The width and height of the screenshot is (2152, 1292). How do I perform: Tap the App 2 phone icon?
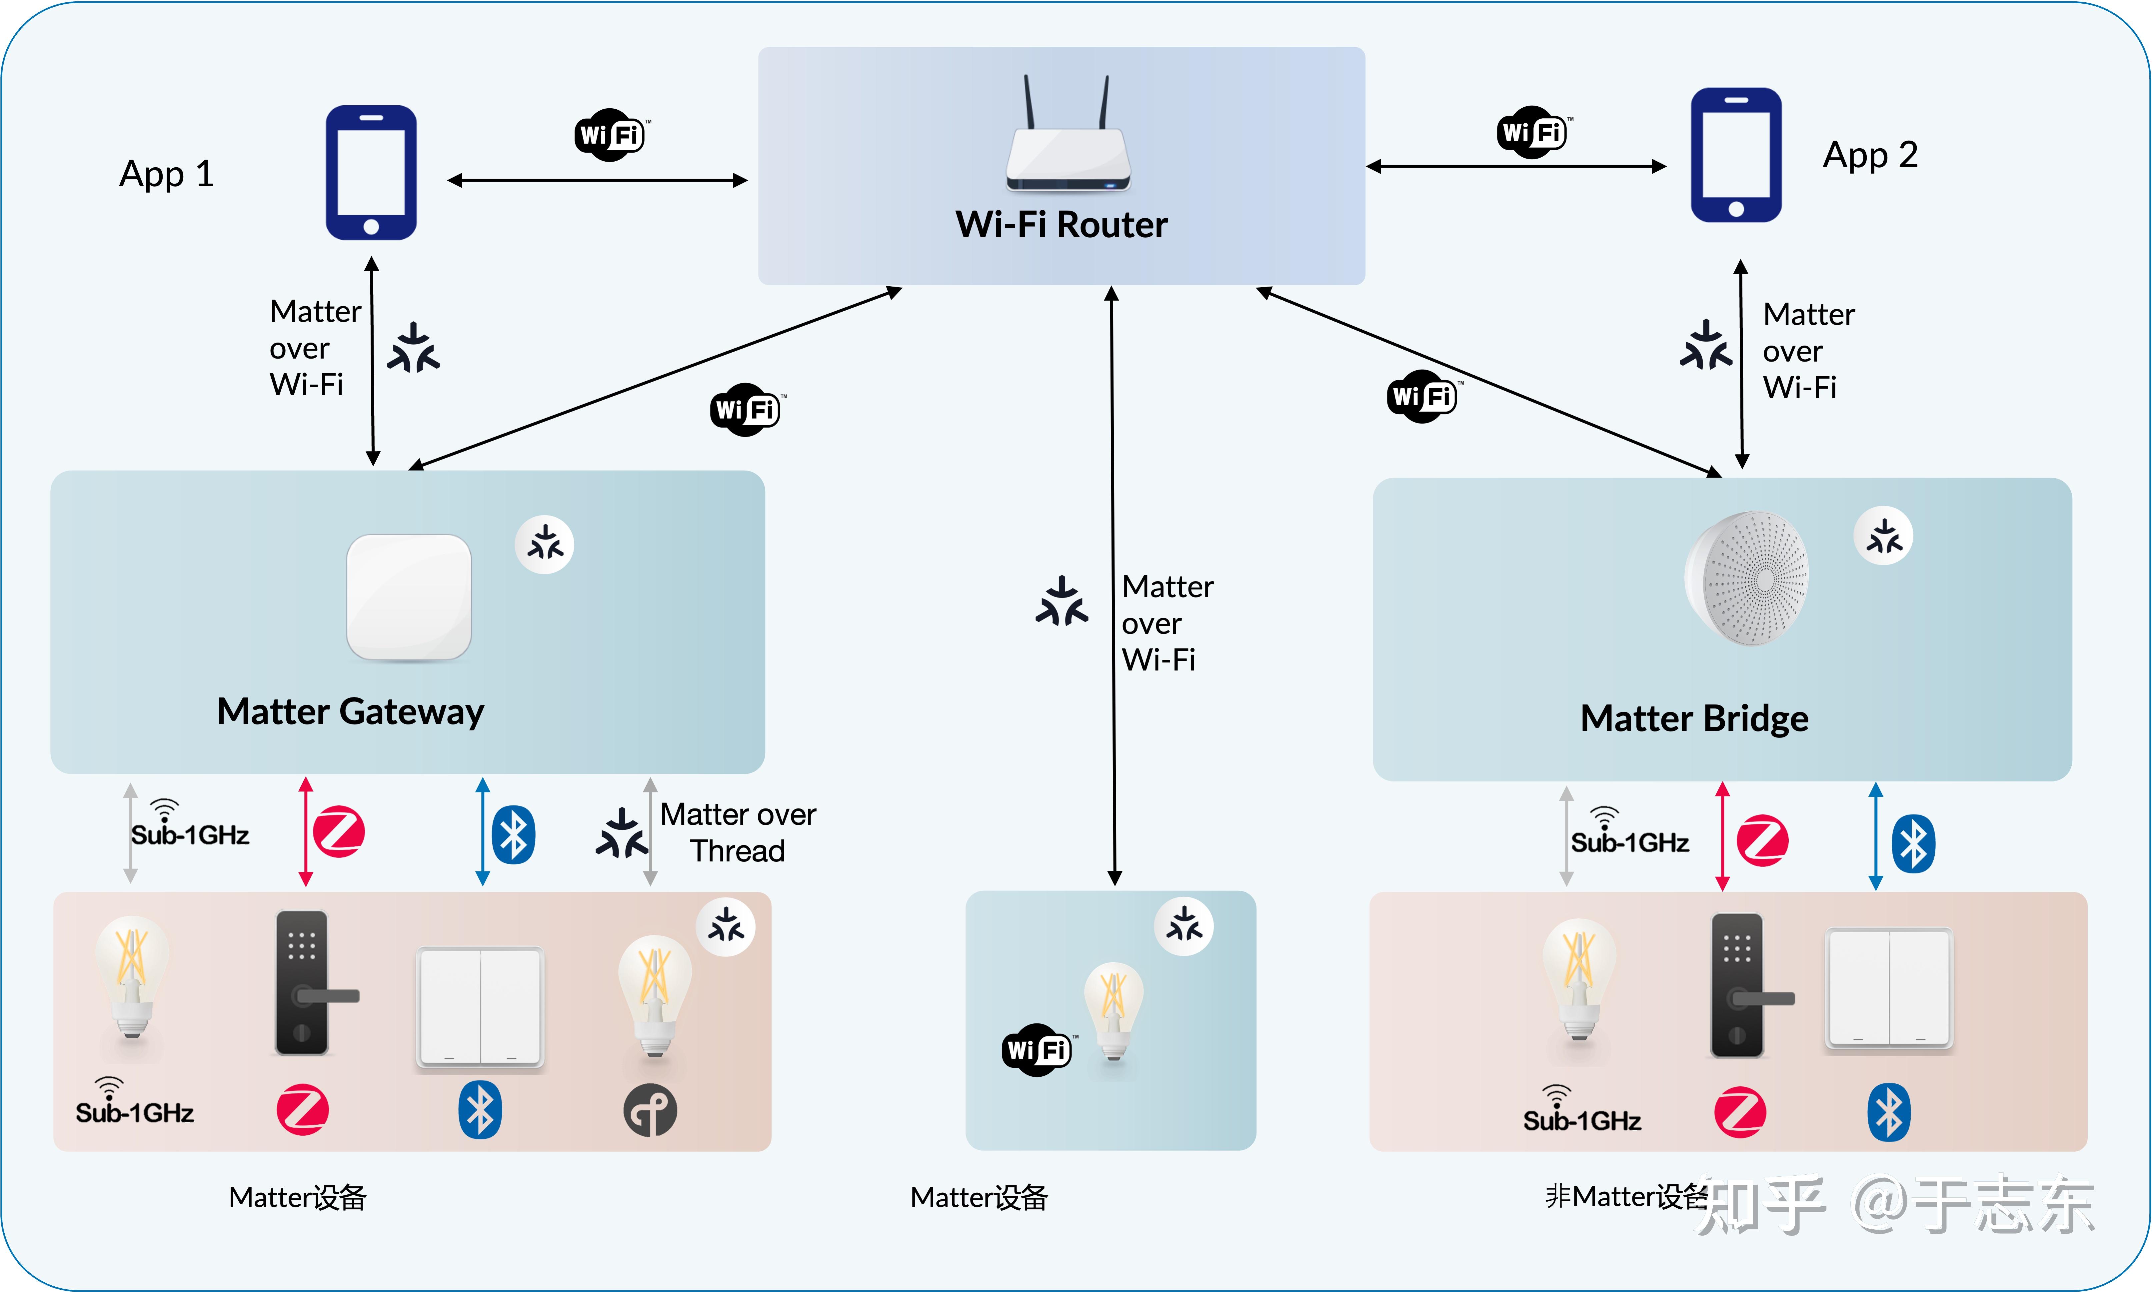coord(1736,155)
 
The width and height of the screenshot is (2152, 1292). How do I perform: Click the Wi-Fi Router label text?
coord(1061,225)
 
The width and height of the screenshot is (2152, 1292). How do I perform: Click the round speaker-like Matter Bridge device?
coord(1747,578)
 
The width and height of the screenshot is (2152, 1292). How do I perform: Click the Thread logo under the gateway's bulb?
coord(650,1110)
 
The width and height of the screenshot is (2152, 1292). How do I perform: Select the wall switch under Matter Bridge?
coord(1888,988)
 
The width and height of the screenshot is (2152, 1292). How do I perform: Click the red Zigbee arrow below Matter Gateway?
coord(306,831)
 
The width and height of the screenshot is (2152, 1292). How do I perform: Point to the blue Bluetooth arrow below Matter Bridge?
coord(1876,836)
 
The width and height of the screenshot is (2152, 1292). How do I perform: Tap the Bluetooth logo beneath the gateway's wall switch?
coord(480,1110)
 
